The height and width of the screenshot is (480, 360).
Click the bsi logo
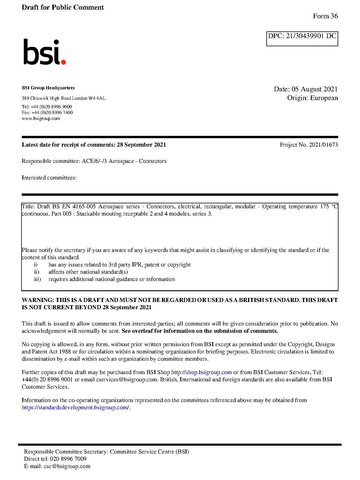pos(44,52)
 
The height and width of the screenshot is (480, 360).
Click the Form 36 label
pos(325,16)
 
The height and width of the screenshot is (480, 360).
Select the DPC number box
pos(302,39)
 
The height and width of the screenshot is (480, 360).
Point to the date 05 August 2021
pos(314,89)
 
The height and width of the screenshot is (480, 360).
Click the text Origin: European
pos(312,98)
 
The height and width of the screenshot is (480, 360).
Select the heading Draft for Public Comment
pos(63,8)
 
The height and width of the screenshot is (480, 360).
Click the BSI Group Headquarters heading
pos(48,88)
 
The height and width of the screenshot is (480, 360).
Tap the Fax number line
pos(47,113)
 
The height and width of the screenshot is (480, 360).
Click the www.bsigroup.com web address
pos(41,118)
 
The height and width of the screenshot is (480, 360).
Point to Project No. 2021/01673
pos(309,145)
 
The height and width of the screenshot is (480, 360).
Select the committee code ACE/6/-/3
pos(94,161)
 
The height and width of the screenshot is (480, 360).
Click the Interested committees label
pos(49,178)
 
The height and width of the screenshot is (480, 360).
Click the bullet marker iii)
pos(37,279)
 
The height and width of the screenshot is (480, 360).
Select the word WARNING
pos(38,300)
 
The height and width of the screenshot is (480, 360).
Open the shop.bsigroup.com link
pos(201,372)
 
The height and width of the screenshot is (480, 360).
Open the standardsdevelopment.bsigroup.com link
pos(75,408)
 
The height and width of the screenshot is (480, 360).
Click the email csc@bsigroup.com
pos(67,466)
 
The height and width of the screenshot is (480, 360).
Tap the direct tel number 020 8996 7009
pos(68,459)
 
